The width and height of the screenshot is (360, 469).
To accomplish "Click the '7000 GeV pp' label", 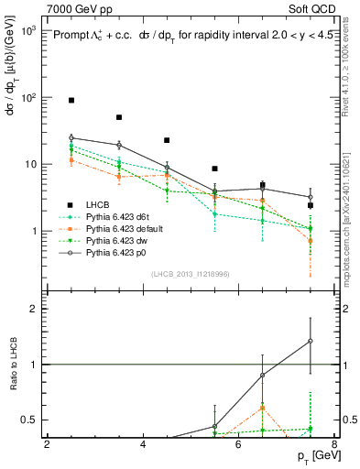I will [x=76, y=7].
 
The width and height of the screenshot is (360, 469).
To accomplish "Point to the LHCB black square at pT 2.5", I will [x=71, y=100].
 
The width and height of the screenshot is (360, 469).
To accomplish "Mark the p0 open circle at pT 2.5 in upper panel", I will [x=71, y=137].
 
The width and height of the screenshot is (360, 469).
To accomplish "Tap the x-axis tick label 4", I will [x=143, y=444].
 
